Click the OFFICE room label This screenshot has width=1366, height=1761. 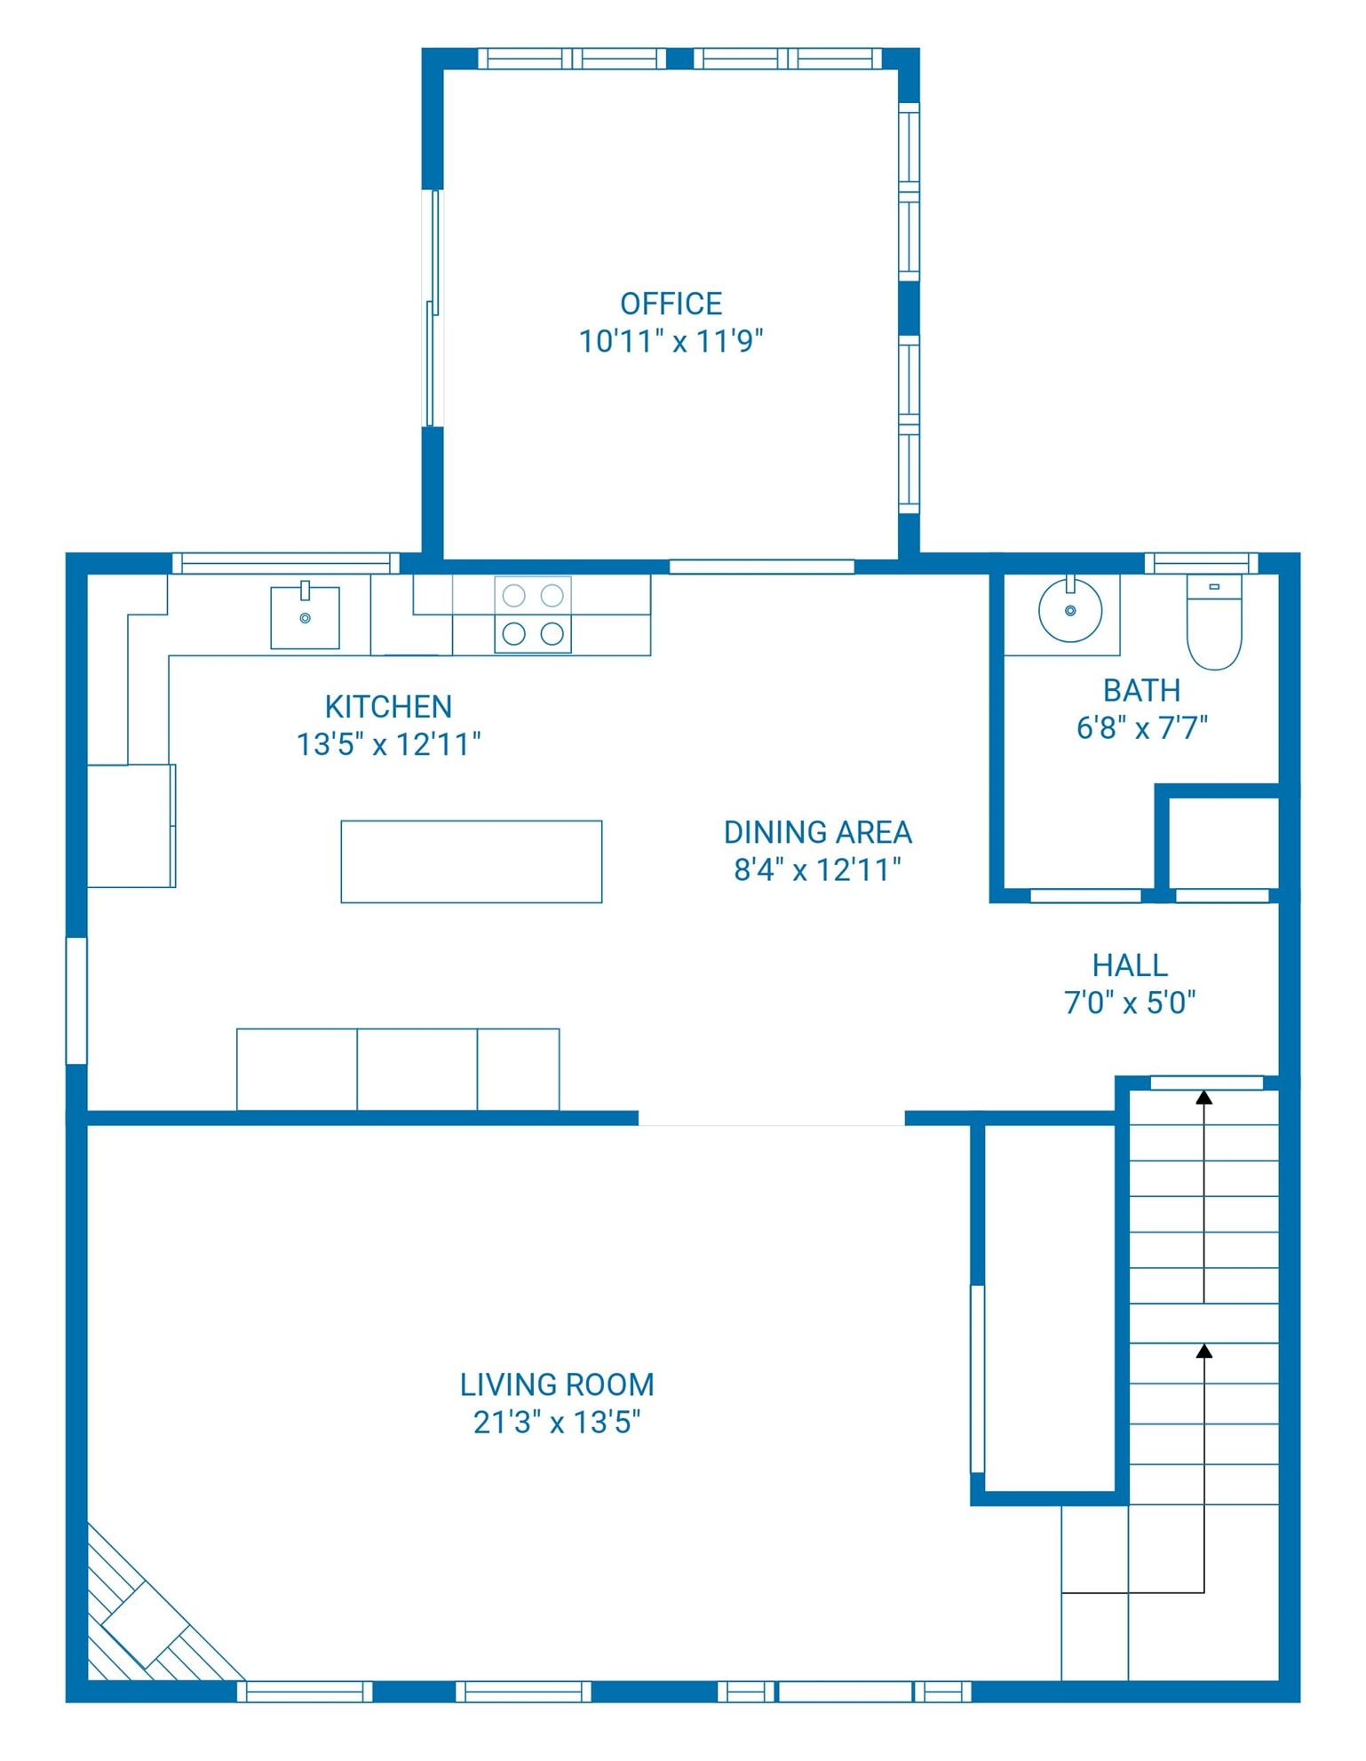(x=671, y=304)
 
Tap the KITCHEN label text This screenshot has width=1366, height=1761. (x=388, y=707)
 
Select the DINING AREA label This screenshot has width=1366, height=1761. (x=818, y=832)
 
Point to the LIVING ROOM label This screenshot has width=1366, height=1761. (x=557, y=1384)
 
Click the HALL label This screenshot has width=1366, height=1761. (x=1130, y=965)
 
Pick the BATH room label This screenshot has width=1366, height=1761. (x=1141, y=690)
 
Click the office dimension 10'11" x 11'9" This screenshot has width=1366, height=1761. (x=671, y=341)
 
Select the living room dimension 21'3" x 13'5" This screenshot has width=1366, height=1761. (x=557, y=1422)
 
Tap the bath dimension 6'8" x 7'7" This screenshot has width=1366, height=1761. (x=1142, y=728)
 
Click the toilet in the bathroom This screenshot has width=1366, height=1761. (x=1214, y=622)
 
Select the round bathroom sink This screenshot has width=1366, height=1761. (x=1070, y=609)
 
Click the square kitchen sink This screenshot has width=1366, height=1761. (x=305, y=616)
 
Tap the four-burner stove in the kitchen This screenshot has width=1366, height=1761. (x=533, y=615)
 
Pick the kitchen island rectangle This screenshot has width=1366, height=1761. (x=472, y=861)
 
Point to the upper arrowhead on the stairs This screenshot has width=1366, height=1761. (x=1203, y=1098)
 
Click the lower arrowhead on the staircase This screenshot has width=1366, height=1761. (x=1203, y=1351)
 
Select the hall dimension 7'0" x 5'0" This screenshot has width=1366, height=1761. (x=1130, y=1003)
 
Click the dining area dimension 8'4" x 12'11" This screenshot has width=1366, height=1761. (x=817, y=869)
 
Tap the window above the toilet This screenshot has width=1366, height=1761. (x=1201, y=563)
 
